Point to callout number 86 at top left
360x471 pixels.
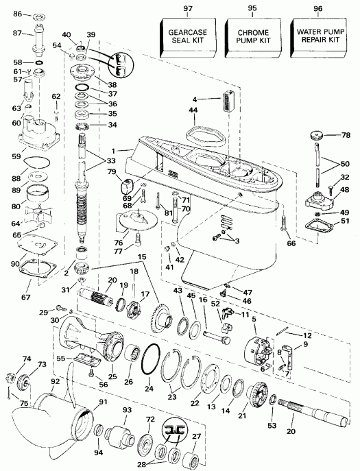17,14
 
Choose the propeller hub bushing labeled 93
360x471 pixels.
125,432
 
